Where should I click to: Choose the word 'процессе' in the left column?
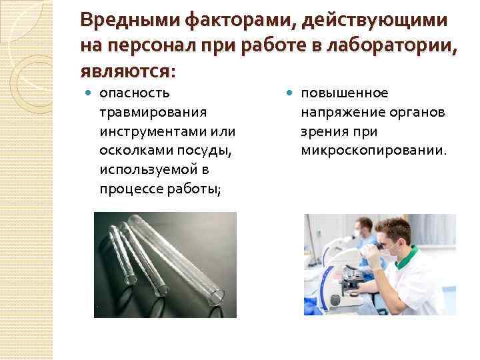point(128,189)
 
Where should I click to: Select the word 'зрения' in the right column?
point(322,131)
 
